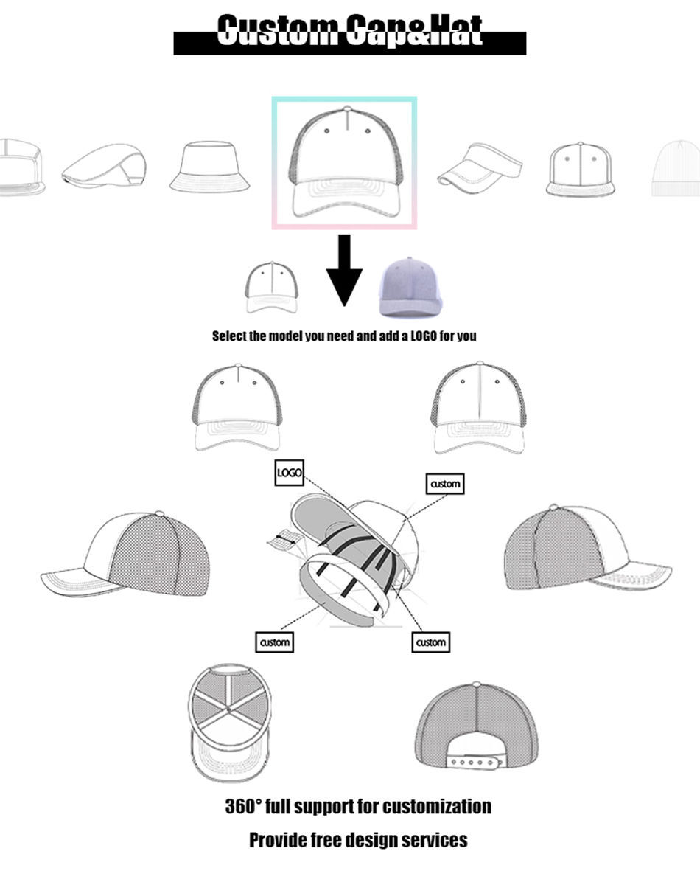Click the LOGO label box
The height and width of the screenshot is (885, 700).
[x=289, y=473]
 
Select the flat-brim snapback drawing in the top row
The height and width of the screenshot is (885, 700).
[x=581, y=169]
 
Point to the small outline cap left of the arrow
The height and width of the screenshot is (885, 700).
[x=272, y=287]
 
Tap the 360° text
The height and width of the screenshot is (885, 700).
[x=242, y=806]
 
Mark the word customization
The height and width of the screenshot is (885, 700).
[x=437, y=806]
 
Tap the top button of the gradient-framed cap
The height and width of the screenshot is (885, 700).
[x=346, y=110]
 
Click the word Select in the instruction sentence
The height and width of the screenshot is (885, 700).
[x=229, y=336]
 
